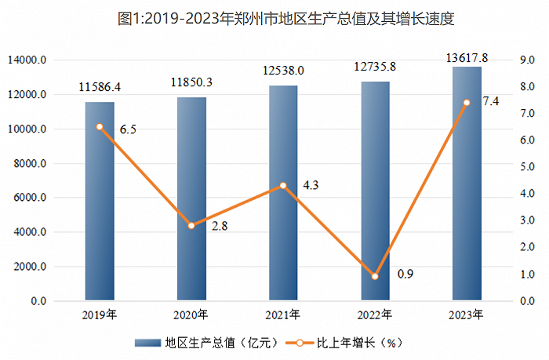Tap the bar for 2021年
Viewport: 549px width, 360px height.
click(283, 193)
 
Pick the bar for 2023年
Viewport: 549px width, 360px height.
click(467, 184)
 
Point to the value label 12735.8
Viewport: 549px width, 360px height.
click(376, 67)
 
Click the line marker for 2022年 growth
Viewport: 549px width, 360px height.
click(375, 276)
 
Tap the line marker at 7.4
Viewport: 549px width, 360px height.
click(467, 103)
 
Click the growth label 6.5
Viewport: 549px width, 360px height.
click(128, 130)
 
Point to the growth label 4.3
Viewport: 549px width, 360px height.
click(310, 186)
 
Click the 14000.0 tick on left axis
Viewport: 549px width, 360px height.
click(27, 60)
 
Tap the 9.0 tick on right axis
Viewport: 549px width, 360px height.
click(527, 60)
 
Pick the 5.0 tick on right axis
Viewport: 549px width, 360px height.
click(527, 167)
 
